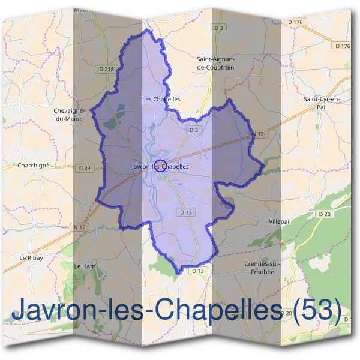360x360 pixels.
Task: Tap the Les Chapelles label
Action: (161, 99)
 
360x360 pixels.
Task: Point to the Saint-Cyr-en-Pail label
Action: (322, 102)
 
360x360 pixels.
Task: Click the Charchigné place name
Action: (34, 165)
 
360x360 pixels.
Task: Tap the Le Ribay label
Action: (31, 257)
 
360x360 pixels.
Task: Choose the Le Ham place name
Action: (85, 265)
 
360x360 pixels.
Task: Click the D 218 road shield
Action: (106, 70)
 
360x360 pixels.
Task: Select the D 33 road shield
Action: (85, 169)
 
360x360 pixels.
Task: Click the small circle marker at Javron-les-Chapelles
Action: (160, 166)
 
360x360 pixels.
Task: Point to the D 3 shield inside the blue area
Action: (193, 130)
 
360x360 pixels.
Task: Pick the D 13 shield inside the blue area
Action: (185, 212)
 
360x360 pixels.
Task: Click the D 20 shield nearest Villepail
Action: (325, 214)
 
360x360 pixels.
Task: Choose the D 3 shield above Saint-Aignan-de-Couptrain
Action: (218, 28)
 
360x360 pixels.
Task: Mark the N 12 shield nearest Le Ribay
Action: (79, 226)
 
